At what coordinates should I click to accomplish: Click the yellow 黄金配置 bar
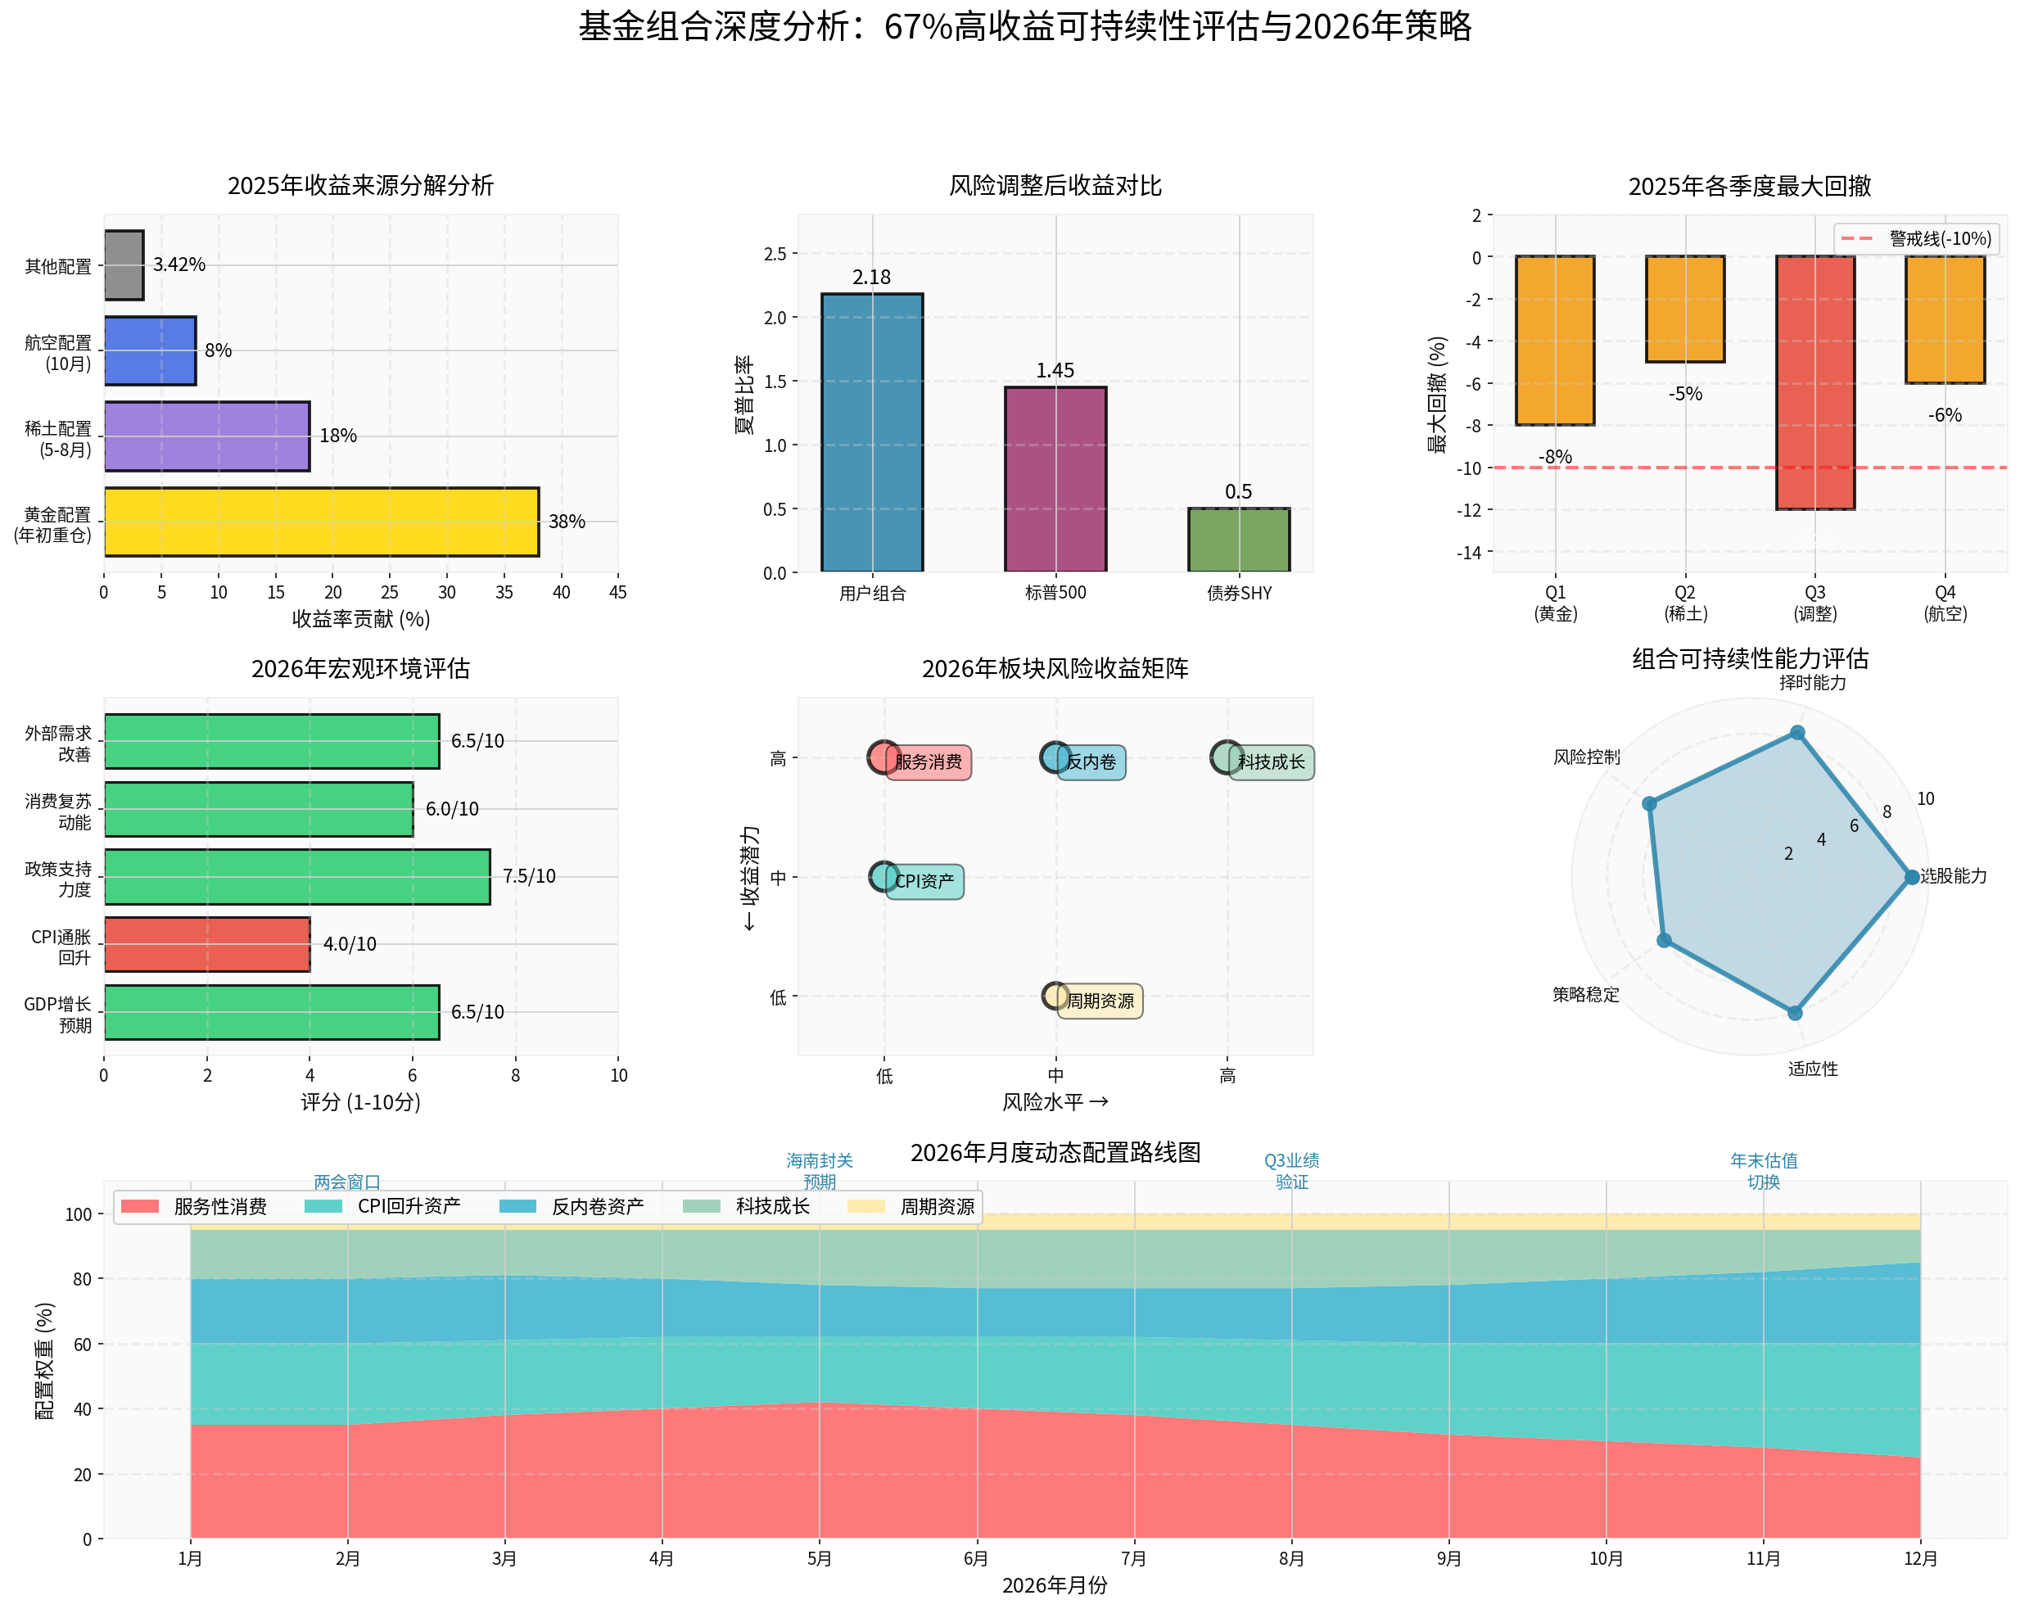(320, 522)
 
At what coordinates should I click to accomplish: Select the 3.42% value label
(179, 265)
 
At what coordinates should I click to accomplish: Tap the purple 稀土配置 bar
(206, 436)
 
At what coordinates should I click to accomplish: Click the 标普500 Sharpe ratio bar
(1055, 479)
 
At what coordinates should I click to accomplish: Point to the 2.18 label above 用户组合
(871, 278)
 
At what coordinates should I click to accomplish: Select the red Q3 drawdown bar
(1814, 382)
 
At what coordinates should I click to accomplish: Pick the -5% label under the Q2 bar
(1684, 394)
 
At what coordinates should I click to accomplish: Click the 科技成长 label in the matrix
(1271, 762)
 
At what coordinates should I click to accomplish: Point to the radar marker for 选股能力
(1911, 877)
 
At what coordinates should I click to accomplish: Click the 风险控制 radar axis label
(1586, 757)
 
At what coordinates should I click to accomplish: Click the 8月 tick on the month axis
(1291, 1558)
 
